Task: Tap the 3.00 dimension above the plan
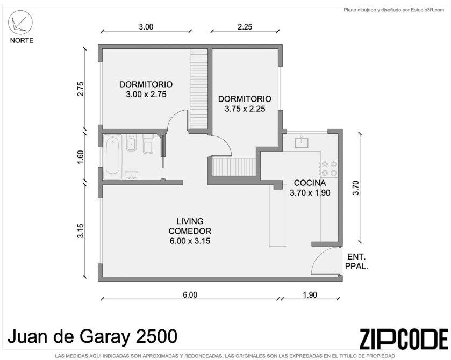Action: pos(146,27)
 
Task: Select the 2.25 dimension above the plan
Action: pos(245,27)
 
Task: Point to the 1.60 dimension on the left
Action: pos(81,157)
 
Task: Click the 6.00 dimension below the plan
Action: pos(190,295)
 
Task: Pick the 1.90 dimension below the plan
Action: pos(310,295)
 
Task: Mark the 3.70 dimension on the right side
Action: pos(356,188)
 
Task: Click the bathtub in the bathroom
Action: pos(112,157)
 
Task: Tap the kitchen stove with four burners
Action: pos(329,169)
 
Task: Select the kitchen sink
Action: pos(301,142)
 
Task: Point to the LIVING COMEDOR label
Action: pos(190,231)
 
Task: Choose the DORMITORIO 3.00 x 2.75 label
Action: pos(146,89)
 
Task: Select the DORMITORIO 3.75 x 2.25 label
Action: pos(245,104)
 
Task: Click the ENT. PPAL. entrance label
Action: pos(356,261)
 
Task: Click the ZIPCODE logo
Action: pos(404,339)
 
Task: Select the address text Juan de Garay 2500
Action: pos(92,336)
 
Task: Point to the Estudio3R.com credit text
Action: pos(394,10)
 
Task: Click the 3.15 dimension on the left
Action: pos(81,231)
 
